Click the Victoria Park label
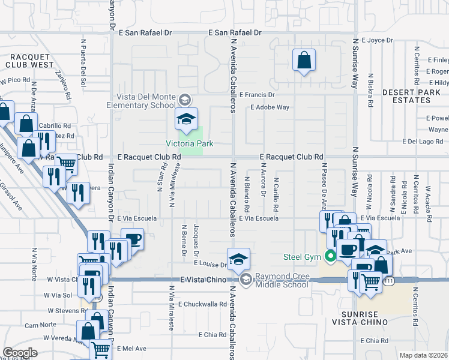[190, 143]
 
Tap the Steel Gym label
[303, 258]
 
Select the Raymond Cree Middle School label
[281, 280]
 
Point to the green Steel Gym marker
[330, 258]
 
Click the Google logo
[20, 353]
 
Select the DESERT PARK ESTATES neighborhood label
[414, 96]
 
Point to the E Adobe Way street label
[270, 107]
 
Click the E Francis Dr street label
[256, 95]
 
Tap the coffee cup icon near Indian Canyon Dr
[132, 239]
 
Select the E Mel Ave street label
[132, 348]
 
